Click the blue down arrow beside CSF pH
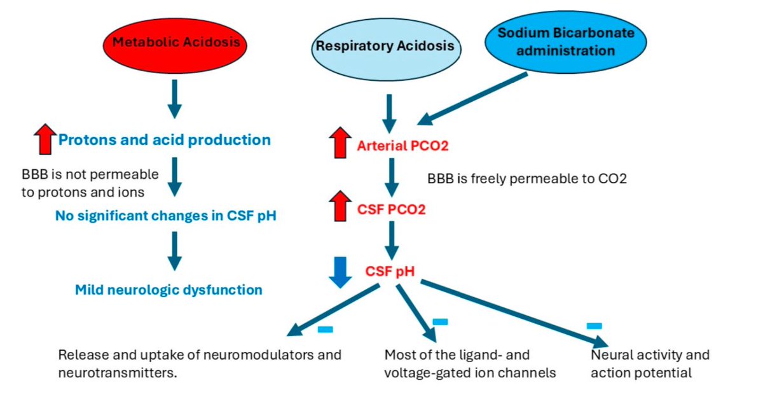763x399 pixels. point(340,272)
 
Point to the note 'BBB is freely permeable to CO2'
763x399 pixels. point(527,179)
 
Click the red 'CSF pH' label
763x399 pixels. point(390,272)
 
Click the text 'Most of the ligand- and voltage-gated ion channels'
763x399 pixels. point(470,363)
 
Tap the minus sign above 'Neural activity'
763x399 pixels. point(594,326)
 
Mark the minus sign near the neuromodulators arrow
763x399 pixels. point(325,329)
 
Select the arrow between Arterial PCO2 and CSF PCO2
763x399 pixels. point(392,179)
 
